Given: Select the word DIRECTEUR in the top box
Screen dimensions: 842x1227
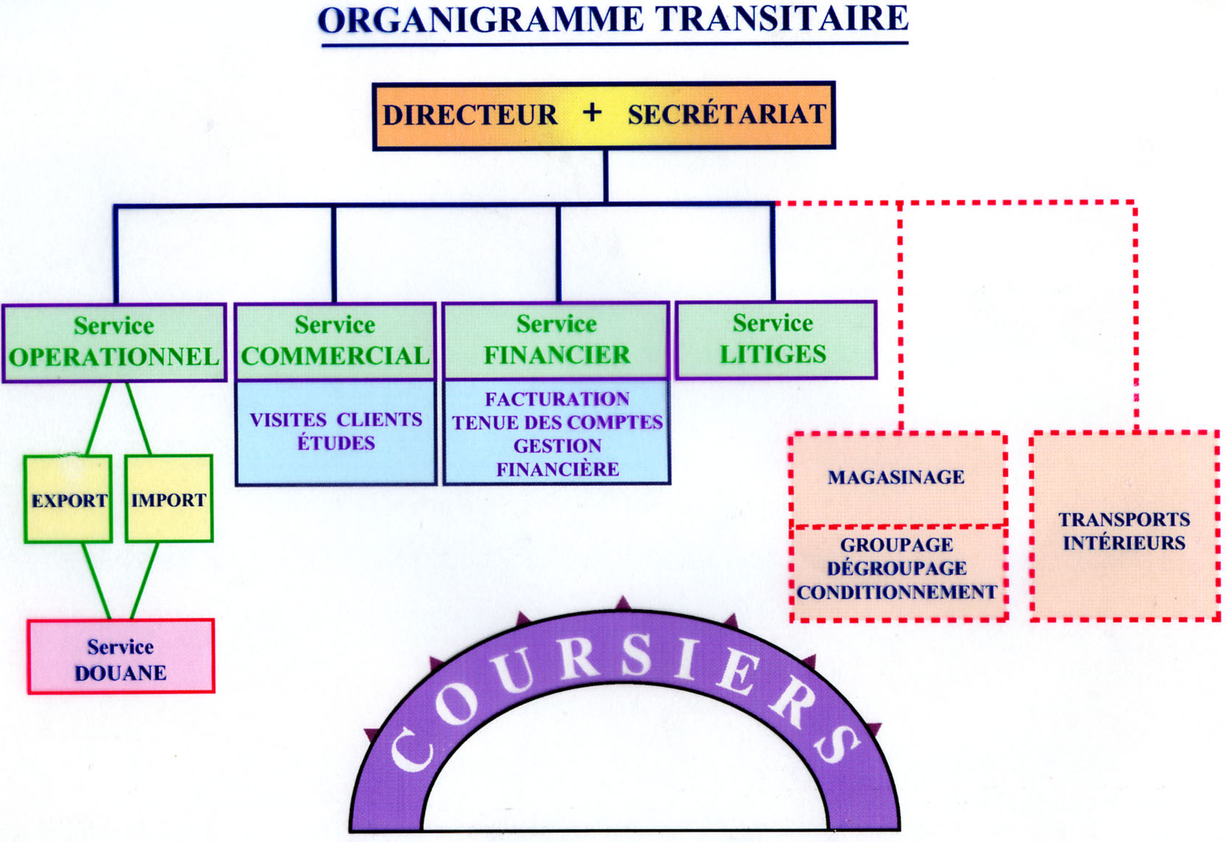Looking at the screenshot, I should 469,116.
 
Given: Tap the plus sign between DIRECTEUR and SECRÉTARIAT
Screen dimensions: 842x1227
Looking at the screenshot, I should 591,113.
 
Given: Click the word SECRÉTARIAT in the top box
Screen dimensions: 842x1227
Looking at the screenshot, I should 727,115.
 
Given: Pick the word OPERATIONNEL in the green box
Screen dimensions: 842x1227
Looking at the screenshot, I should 114,357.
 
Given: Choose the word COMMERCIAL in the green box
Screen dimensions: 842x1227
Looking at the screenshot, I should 335,357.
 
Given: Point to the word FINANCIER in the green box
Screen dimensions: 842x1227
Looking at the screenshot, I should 556,355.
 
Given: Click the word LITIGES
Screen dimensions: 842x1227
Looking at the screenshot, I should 773,354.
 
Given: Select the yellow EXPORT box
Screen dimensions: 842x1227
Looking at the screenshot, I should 69,500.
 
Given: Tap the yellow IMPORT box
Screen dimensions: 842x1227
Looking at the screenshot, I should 169,499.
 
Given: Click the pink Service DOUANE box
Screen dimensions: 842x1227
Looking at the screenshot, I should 121,657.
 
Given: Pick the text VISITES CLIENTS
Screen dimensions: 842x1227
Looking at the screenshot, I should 336,420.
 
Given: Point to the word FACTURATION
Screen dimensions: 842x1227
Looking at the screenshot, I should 557,399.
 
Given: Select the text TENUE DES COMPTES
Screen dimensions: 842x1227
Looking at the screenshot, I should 557,423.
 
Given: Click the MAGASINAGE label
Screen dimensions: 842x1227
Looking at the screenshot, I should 896,477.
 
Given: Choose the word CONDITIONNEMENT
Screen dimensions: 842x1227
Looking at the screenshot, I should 897,592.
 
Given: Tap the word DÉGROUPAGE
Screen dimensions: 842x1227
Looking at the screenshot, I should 897,569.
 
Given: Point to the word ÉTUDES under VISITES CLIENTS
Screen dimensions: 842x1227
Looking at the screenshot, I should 336,443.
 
